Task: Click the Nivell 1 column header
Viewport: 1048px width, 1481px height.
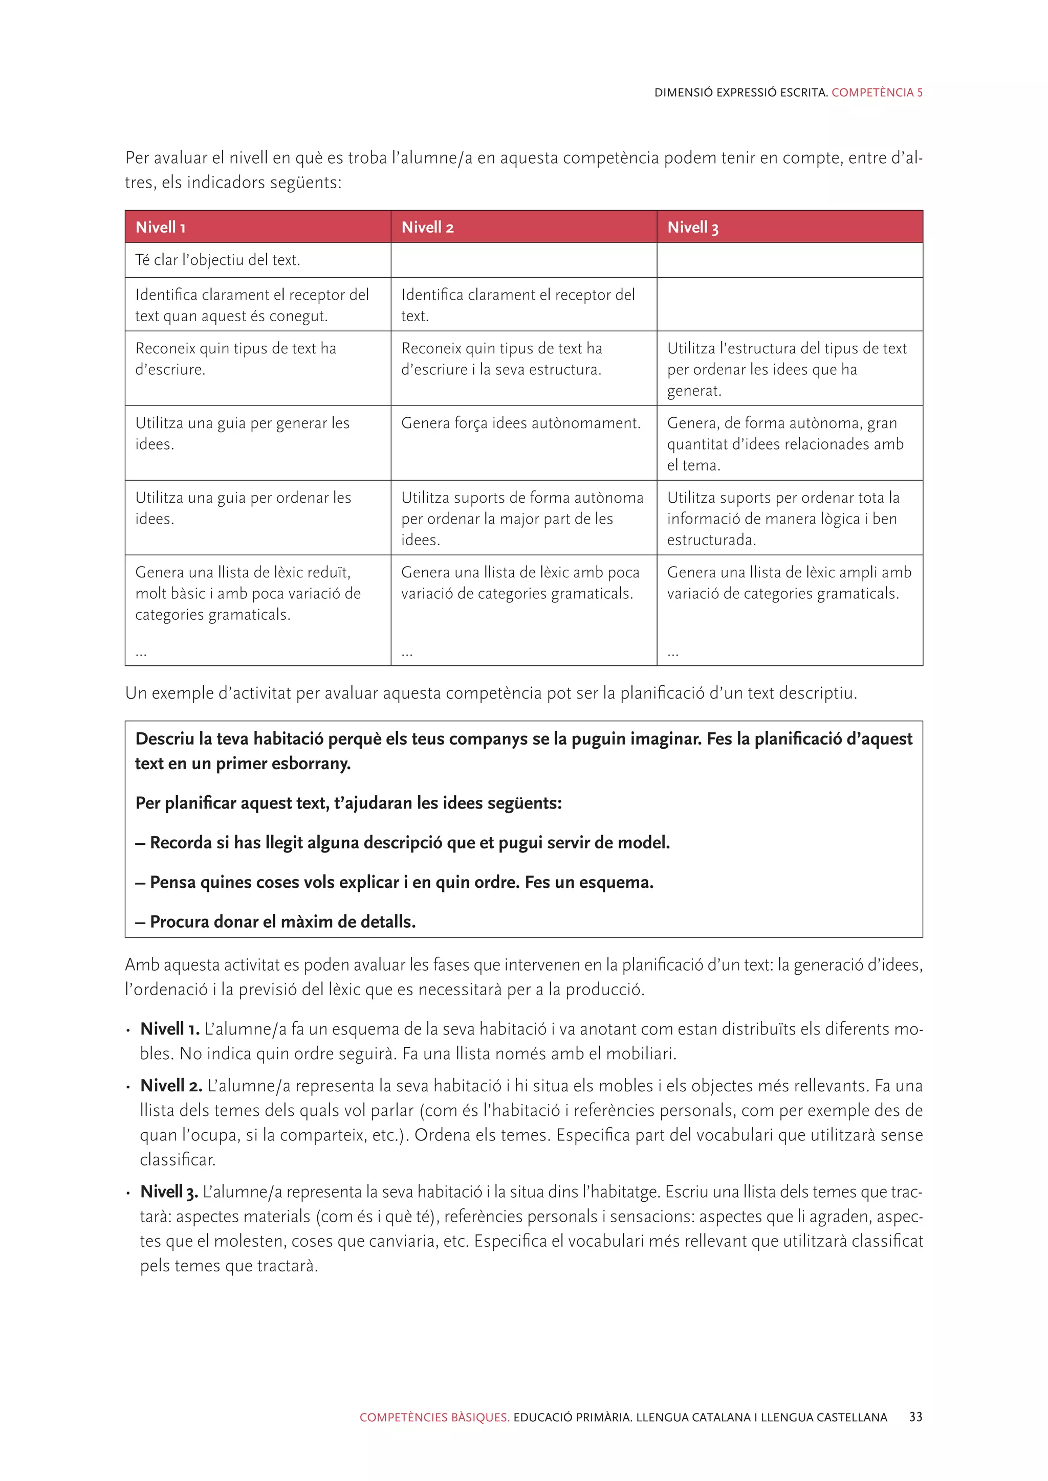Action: click(x=161, y=227)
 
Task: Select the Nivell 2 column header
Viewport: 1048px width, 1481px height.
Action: click(x=427, y=227)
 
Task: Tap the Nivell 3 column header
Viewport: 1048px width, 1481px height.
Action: click(x=692, y=227)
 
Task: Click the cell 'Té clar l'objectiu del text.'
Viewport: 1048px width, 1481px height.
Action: click(x=217, y=260)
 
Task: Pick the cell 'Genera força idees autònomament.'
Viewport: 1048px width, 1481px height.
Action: click(x=521, y=423)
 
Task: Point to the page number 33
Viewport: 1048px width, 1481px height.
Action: click(x=915, y=1417)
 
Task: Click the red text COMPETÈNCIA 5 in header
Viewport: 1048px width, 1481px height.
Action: click(x=877, y=92)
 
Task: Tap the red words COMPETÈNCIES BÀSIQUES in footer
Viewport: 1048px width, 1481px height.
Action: click(x=434, y=1417)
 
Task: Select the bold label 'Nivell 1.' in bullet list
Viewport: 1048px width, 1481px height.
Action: click(x=170, y=1029)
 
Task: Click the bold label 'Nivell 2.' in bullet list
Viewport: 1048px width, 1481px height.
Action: click(x=171, y=1086)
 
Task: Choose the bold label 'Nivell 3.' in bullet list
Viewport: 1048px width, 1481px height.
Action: click(x=169, y=1192)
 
